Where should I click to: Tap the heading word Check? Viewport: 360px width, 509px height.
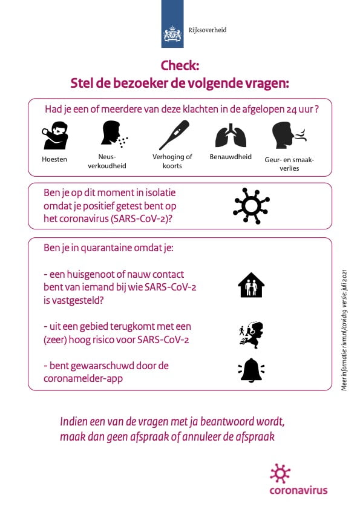180,65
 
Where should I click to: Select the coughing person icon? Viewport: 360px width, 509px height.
54,136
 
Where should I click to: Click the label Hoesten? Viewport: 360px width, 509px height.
54,160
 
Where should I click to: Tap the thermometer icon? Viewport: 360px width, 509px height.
174,134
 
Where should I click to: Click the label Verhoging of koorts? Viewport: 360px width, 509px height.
172,161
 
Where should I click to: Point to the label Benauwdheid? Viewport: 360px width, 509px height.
231,157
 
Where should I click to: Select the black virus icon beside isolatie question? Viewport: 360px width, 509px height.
251,206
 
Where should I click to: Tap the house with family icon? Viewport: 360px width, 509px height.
251,285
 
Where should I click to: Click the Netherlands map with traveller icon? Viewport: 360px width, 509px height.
251,335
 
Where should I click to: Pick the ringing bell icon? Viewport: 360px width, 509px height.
251,370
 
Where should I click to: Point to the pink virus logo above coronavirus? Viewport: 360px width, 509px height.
280,473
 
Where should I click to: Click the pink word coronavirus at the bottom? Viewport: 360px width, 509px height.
298,490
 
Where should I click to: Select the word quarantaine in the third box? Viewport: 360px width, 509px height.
104,249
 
